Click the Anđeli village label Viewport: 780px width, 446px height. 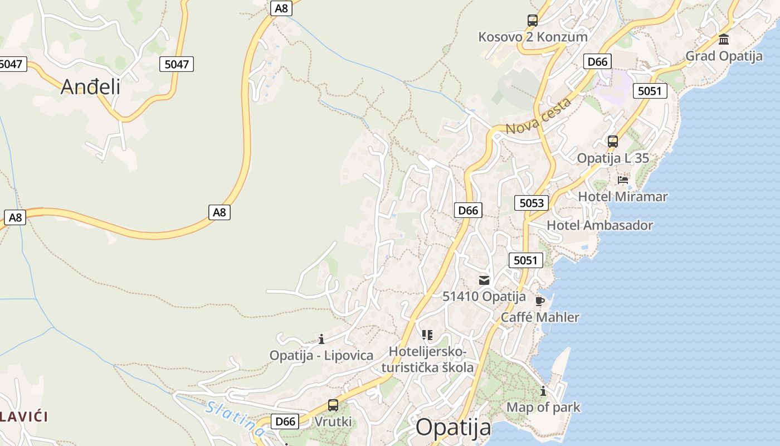click(x=90, y=86)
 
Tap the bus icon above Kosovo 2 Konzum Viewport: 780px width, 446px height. click(x=533, y=21)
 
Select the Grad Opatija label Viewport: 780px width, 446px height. click(x=724, y=56)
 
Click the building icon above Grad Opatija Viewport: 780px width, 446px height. click(x=724, y=39)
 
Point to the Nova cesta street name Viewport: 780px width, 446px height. click(x=538, y=116)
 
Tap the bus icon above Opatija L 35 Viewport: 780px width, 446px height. click(x=613, y=142)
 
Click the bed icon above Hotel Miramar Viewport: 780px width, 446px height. click(x=623, y=180)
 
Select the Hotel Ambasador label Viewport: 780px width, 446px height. click(x=599, y=225)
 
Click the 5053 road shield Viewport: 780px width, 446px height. click(x=531, y=203)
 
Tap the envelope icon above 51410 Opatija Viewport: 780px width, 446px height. click(x=484, y=280)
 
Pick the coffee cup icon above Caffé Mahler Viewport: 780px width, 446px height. click(x=539, y=301)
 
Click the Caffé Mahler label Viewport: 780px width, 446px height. click(x=540, y=317)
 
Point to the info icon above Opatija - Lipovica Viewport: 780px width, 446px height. click(x=321, y=339)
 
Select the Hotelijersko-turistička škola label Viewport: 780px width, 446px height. click(x=427, y=360)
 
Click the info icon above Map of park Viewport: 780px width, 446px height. click(x=543, y=391)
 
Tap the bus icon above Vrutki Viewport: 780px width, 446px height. click(x=333, y=405)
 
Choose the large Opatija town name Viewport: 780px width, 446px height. click(x=454, y=428)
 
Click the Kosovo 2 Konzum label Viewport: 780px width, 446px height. click(x=533, y=37)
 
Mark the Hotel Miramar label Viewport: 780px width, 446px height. click(x=622, y=196)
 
